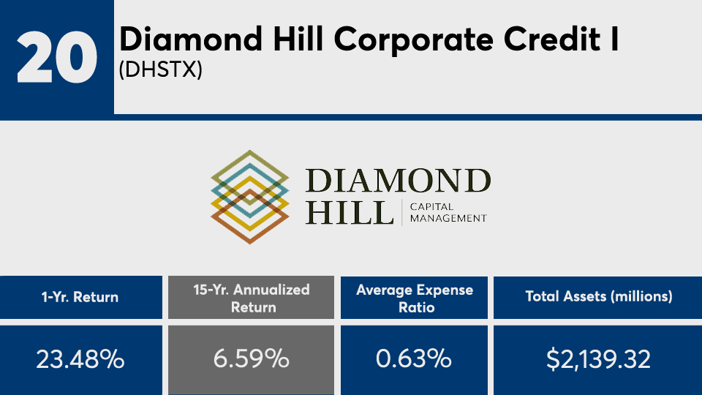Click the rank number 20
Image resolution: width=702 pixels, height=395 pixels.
(x=57, y=57)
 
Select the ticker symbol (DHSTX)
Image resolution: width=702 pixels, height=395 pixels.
(x=161, y=69)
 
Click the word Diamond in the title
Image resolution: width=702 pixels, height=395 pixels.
(x=191, y=39)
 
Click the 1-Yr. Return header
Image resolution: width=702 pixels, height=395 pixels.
(x=80, y=297)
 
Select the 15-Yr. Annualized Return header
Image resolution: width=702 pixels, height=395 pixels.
(x=252, y=298)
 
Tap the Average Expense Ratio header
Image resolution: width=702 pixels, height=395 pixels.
(x=415, y=298)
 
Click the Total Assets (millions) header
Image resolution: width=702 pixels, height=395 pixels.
(x=599, y=296)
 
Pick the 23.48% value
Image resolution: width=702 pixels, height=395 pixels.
(x=80, y=359)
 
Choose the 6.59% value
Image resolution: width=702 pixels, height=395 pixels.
(x=251, y=359)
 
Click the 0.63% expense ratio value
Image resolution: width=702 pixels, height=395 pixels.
(x=414, y=359)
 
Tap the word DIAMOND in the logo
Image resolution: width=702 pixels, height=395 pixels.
(x=399, y=181)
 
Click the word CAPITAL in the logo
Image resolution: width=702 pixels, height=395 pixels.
(x=432, y=207)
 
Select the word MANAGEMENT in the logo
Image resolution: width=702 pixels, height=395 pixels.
(x=448, y=219)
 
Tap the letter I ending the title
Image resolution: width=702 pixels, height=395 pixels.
(x=615, y=39)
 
